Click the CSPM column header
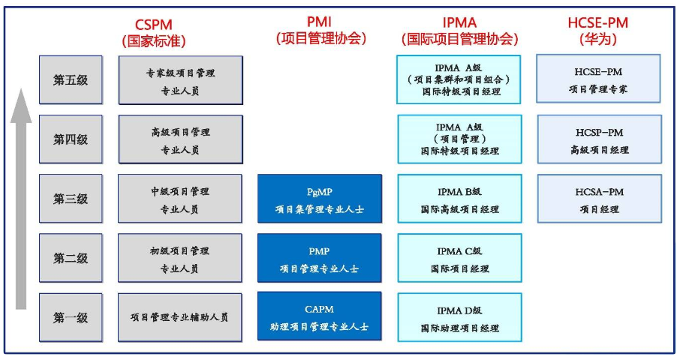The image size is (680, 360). [x=154, y=31]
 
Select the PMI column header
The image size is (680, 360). [x=320, y=31]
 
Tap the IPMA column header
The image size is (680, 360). [x=459, y=31]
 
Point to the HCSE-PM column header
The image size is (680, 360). [x=598, y=31]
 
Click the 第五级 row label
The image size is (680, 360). [x=71, y=79]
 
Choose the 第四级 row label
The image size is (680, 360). [x=71, y=139]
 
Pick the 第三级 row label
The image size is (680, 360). [x=71, y=199]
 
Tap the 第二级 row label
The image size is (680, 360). [x=71, y=258]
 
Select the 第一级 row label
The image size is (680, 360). [x=71, y=317]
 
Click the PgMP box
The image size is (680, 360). [x=320, y=199]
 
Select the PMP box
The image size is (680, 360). [x=320, y=258]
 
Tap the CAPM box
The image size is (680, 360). [x=320, y=317]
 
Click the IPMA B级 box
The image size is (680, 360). [x=459, y=199]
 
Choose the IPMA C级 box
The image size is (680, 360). [x=459, y=258]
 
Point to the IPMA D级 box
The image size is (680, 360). [x=459, y=317]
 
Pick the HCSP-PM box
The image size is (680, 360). [x=598, y=139]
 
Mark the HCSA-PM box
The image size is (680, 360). [x=598, y=199]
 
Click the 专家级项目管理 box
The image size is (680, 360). [x=180, y=79]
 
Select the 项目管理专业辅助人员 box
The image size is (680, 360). [x=180, y=317]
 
